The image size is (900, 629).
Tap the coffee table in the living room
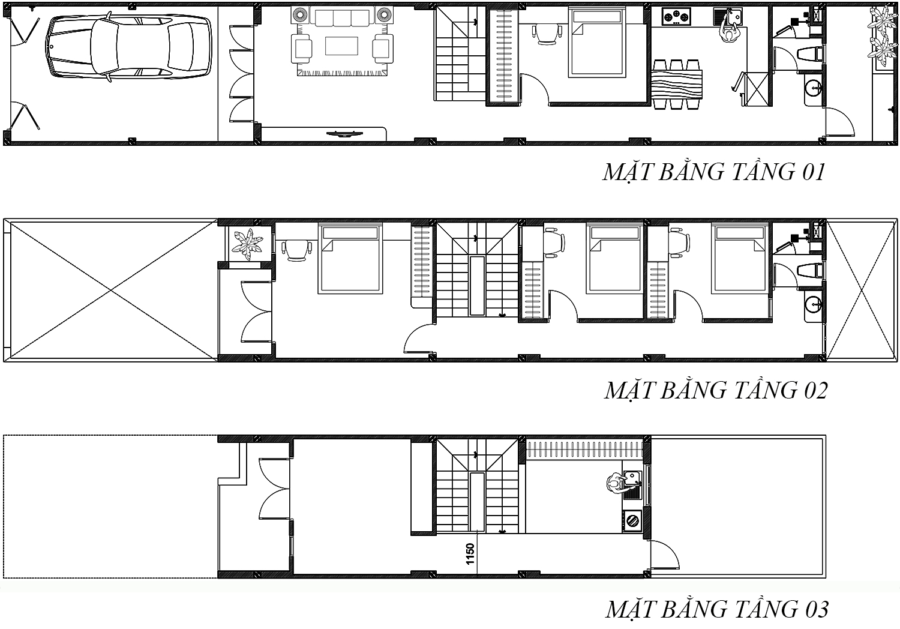coord(341,46)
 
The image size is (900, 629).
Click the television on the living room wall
coord(344,134)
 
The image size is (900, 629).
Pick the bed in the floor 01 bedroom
coord(597,43)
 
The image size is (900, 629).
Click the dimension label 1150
coord(470,554)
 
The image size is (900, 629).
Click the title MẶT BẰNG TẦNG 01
coord(713,172)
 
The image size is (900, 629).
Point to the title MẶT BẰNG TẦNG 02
coord(716,390)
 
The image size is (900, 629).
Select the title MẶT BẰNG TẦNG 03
coord(717,609)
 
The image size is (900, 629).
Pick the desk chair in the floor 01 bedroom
coord(547,34)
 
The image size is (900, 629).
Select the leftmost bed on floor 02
coord(350,259)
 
